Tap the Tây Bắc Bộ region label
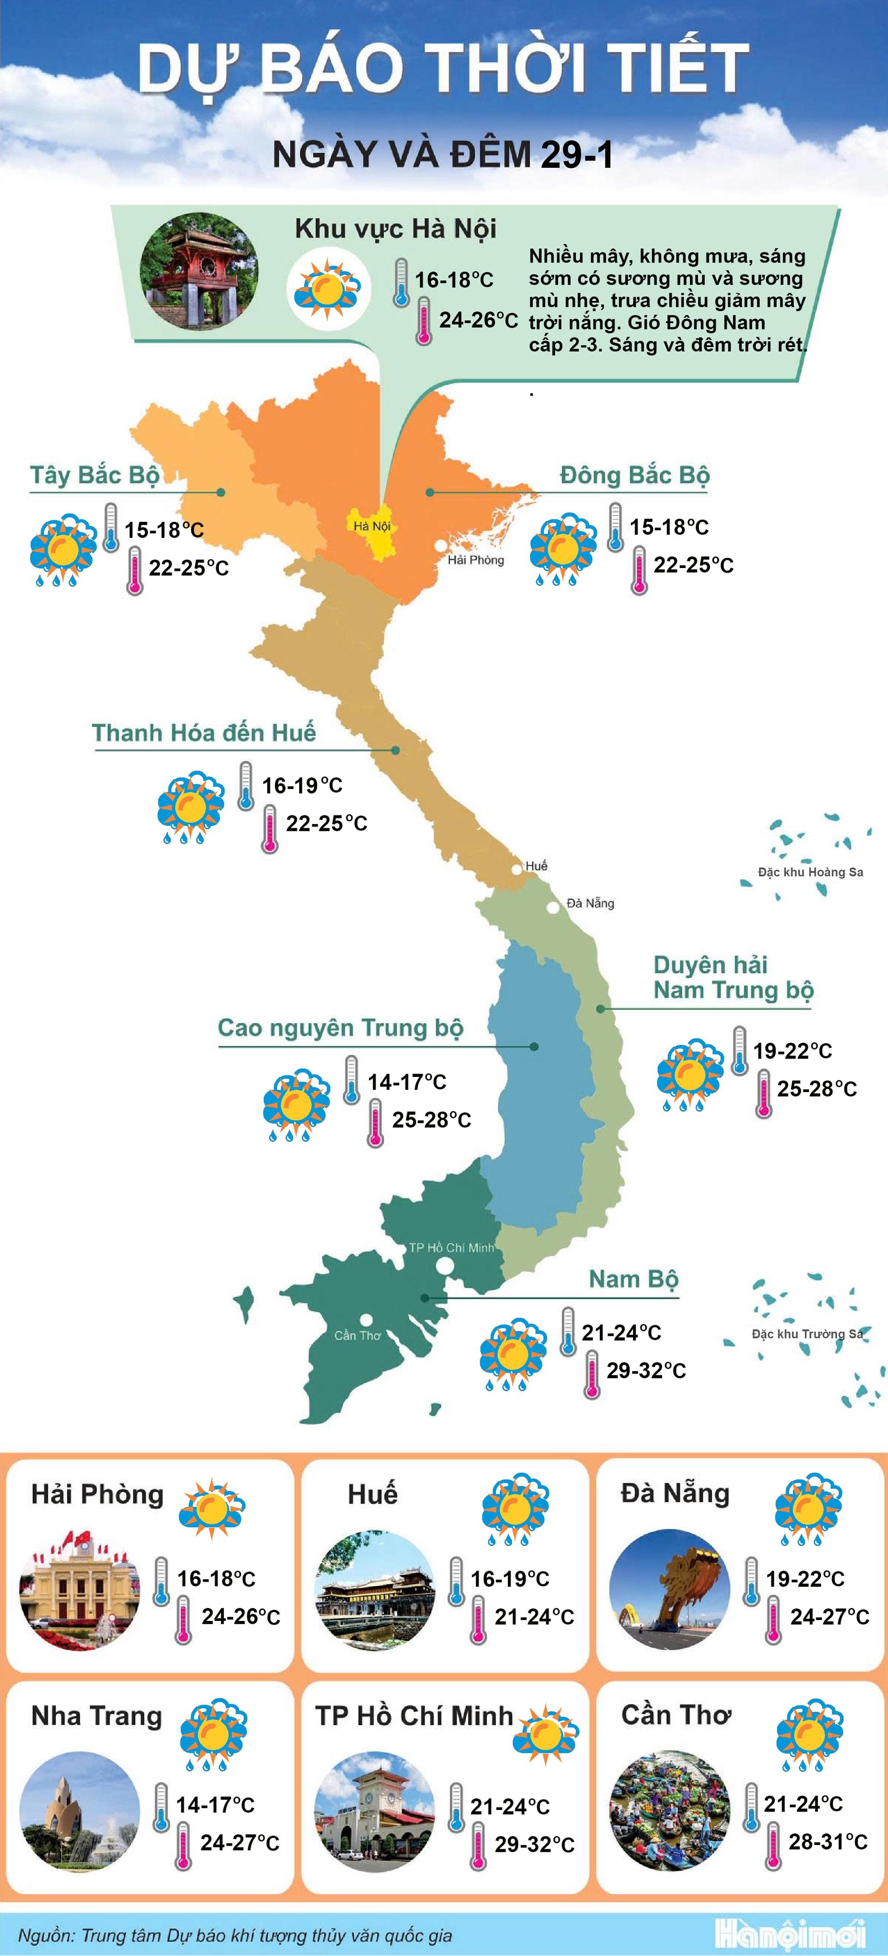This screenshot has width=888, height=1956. pos(94,475)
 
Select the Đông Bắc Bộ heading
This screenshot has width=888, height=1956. pos(634,475)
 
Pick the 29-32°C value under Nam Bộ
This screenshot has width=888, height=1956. pos(646,1370)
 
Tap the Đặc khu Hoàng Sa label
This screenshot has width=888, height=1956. pos(810,872)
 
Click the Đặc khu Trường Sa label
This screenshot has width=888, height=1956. pos(807,1333)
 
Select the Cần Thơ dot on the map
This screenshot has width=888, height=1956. pos(366,1320)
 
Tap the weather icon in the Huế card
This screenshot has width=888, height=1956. pos(516,1509)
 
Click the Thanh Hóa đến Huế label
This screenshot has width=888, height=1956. pos(203,733)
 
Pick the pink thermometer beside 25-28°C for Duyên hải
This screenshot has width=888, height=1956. pos(764,1094)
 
